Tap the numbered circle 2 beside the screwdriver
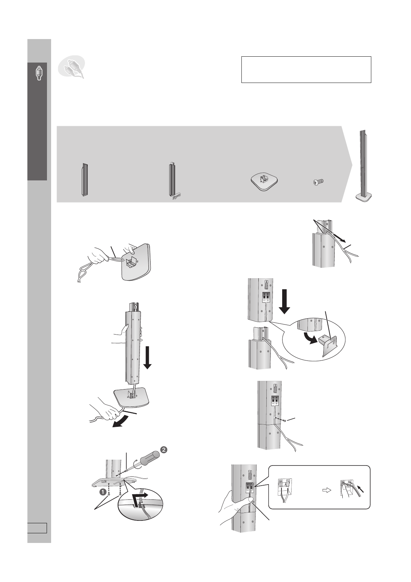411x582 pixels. pos(164,450)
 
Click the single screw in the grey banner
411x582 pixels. pos(317,182)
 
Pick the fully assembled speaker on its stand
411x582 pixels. pos(364,166)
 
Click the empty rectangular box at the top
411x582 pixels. pos(306,69)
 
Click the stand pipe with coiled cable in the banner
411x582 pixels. pos(172,181)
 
